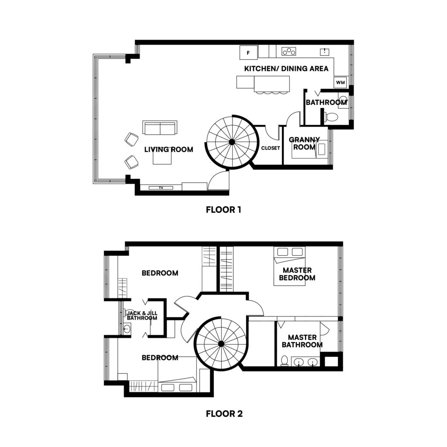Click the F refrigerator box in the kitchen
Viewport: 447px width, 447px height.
coord(248,53)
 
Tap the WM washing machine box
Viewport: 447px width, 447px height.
coord(340,82)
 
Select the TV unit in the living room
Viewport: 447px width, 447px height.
coord(161,188)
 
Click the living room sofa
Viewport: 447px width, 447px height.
coord(160,128)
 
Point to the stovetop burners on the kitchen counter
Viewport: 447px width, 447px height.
coord(289,52)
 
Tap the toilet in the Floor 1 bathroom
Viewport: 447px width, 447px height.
coord(331,117)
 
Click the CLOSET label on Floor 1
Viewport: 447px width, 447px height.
coord(270,148)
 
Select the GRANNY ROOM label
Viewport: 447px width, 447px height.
coord(304,143)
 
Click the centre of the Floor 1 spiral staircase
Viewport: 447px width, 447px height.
coord(231,141)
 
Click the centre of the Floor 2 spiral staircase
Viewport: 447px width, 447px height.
coord(221,344)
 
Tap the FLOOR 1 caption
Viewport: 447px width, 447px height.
coord(223,210)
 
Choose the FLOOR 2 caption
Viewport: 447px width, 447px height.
coord(224,413)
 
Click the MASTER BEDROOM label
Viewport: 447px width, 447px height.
coord(297,274)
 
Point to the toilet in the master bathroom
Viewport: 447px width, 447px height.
coord(284,361)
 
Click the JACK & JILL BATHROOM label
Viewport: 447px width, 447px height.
coord(141,316)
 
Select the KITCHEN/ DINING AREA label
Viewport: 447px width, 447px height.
coord(286,69)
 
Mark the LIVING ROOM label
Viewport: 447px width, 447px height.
coord(168,149)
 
